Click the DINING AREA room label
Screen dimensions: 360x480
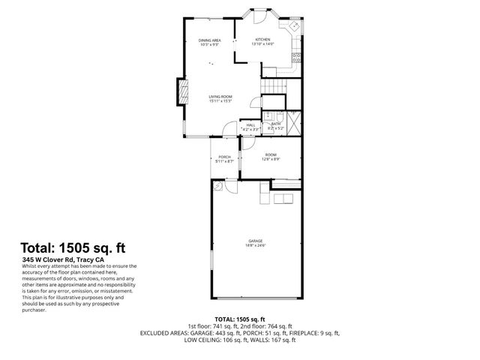209,40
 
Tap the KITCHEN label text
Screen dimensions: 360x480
263,39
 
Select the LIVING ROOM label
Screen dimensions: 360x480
220,96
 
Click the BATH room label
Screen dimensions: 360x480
275,124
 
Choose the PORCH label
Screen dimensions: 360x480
224,156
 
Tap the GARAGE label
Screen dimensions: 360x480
255,241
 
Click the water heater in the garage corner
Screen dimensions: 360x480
218,187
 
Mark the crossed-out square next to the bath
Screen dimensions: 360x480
292,119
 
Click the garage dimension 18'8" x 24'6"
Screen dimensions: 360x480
255,245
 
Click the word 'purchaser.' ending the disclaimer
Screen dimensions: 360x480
35,310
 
